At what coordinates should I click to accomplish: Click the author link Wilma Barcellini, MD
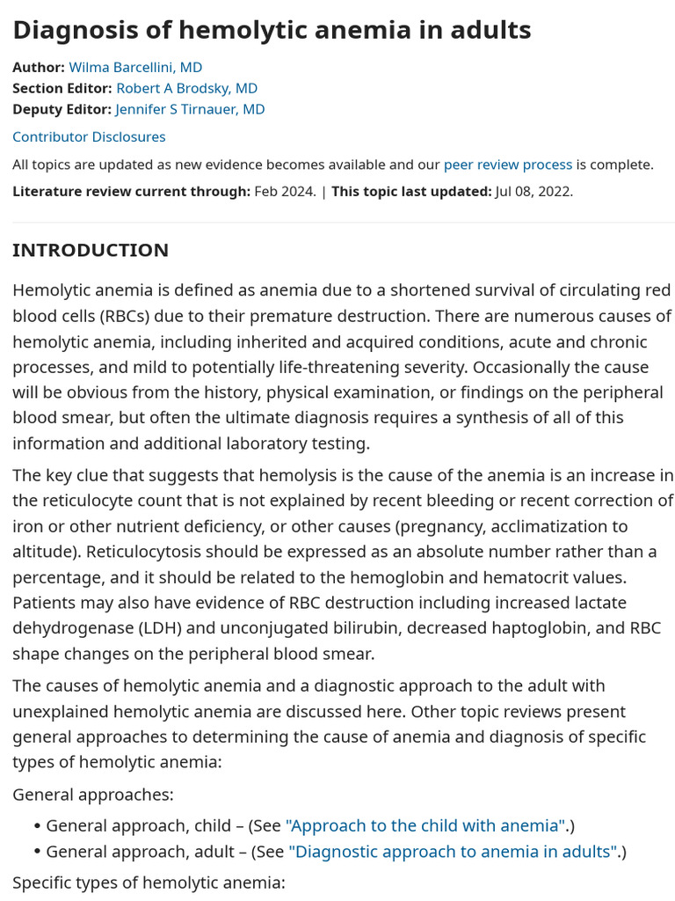(135, 67)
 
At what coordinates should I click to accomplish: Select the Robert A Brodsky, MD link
(187, 88)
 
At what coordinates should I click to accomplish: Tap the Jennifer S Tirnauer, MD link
(190, 109)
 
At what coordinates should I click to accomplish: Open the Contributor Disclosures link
(89, 136)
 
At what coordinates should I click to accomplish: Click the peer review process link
(507, 165)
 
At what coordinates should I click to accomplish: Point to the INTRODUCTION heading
(91, 250)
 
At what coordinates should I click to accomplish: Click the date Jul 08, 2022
(533, 191)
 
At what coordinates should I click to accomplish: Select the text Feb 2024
(285, 191)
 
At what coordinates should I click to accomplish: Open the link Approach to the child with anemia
(426, 825)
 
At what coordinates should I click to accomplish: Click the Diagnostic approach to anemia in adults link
(453, 852)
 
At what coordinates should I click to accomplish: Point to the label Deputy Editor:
(62, 109)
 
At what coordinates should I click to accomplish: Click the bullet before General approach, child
(37, 826)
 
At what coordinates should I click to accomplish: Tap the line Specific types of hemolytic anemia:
(149, 882)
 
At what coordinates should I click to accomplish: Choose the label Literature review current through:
(131, 191)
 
